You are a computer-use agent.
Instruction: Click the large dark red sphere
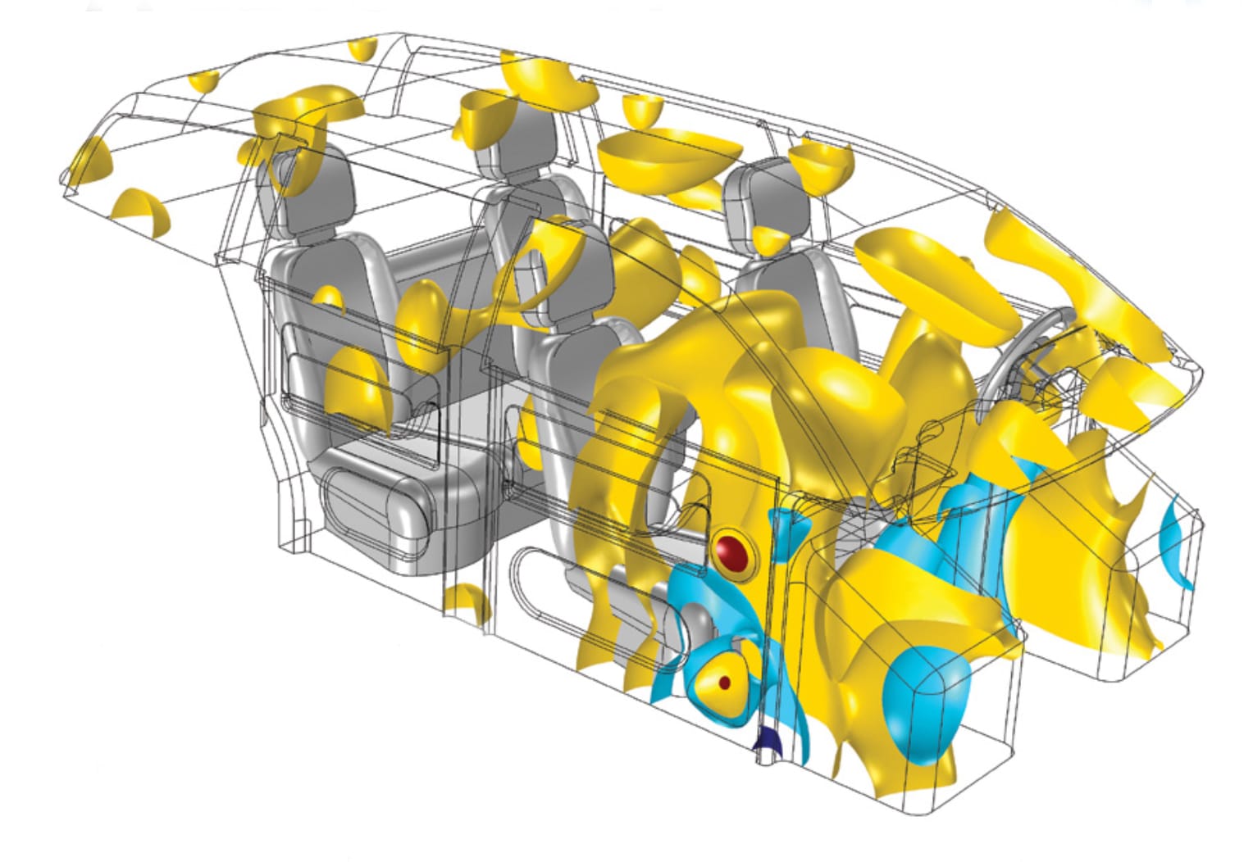click(732, 553)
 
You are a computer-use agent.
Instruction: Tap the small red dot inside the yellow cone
click(723, 682)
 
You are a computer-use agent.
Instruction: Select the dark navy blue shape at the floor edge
click(768, 741)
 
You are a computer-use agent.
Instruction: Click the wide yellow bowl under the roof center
click(668, 160)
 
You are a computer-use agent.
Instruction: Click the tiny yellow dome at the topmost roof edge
click(359, 48)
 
